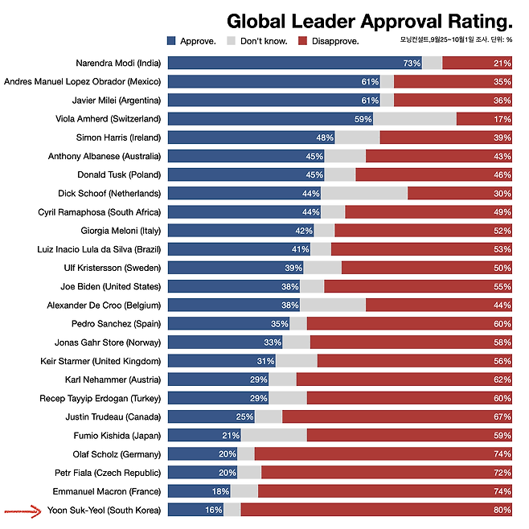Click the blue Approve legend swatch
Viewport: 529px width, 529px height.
click(x=172, y=40)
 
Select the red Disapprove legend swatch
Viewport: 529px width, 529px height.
click(x=302, y=40)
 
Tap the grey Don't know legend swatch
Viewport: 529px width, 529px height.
click(x=233, y=40)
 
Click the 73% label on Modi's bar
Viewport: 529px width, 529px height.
click(x=412, y=63)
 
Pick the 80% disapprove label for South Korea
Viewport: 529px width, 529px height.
click(x=502, y=510)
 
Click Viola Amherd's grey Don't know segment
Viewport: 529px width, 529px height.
click(x=414, y=119)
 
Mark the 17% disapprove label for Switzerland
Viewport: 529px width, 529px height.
click(x=502, y=119)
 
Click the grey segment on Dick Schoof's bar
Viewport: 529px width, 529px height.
click(x=363, y=193)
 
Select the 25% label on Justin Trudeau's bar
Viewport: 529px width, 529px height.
click(x=244, y=416)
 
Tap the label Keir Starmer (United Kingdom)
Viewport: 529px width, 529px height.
click(x=100, y=361)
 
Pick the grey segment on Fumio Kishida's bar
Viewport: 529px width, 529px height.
click(x=274, y=436)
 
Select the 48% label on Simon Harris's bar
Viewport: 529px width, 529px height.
click(x=325, y=137)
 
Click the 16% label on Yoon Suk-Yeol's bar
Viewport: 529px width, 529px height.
click(x=213, y=510)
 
